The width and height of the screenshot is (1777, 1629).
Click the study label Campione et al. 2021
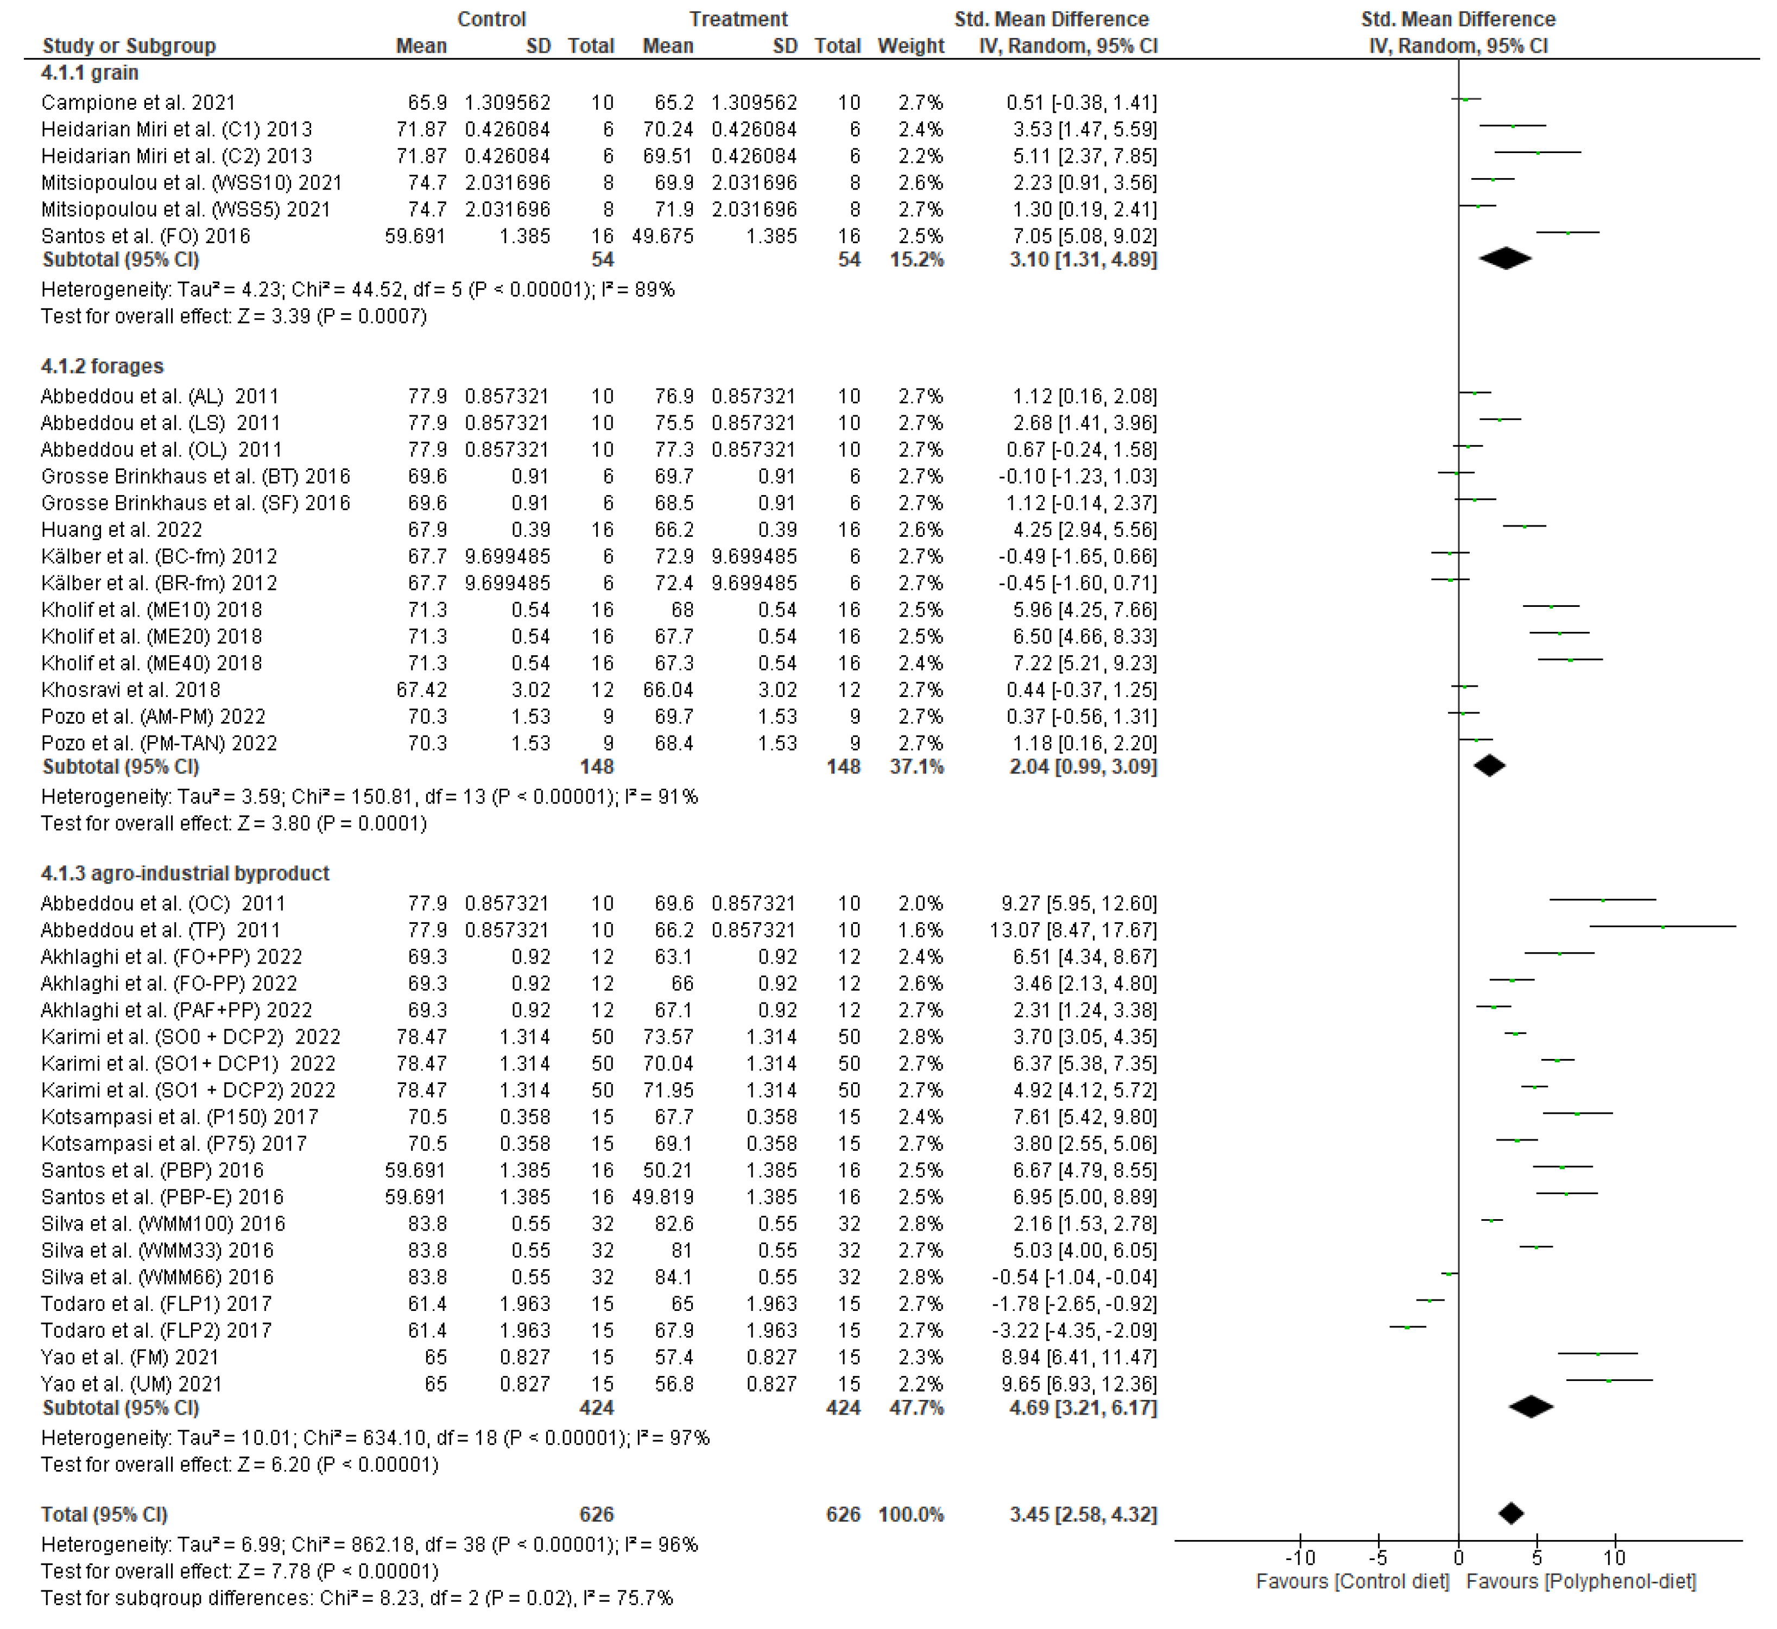click(138, 103)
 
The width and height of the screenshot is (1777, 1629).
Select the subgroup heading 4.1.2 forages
click(102, 367)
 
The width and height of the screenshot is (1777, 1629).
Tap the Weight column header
click(910, 46)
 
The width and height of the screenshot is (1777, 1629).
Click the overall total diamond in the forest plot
click(1511, 1513)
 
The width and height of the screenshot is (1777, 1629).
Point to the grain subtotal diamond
click(1506, 259)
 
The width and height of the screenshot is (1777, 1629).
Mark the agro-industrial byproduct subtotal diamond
click(1531, 1408)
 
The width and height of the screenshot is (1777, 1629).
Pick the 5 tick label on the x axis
click(1536, 1557)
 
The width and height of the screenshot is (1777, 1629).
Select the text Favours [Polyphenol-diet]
click(1580, 1581)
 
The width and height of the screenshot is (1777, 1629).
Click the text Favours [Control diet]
click(1352, 1581)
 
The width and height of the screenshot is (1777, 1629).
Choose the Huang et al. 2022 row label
click(122, 530)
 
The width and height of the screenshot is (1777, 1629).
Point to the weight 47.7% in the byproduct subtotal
click(916, 1408)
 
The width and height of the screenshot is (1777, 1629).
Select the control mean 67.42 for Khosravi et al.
click(421, 690)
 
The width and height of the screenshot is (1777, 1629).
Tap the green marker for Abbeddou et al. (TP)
click(1662, 927)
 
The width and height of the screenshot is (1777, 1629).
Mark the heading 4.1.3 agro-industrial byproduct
click(185, 873)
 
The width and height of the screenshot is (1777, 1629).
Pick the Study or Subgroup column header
click(129, 46)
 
